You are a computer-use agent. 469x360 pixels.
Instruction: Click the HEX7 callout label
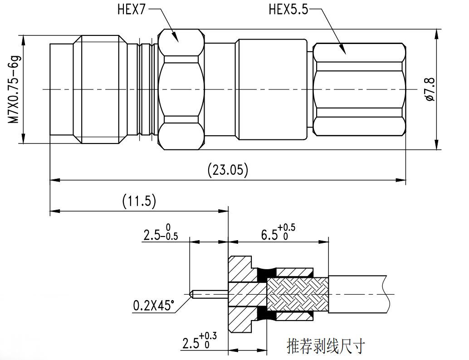click(131, 10)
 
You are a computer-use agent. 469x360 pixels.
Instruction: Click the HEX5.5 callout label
click(288, 10)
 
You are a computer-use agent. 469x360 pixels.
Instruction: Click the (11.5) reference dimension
click(139, 201)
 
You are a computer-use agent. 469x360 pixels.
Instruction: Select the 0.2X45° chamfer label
click(153, 306)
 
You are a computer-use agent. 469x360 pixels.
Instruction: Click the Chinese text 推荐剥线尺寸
click(326, 346)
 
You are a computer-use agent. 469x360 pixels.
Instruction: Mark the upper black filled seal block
click(264, 273)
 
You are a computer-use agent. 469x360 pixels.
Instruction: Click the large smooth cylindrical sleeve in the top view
click(272, 89)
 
